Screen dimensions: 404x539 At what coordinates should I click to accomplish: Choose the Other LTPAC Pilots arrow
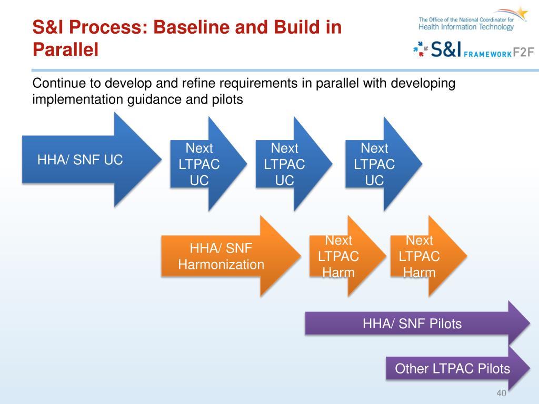(x=453, y=368)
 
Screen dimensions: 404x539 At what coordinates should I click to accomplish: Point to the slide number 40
(x=501, y=394)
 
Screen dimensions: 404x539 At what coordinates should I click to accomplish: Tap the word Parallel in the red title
(x=66, y=50)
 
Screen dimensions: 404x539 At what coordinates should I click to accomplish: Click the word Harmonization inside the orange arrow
(x=221, y=264)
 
